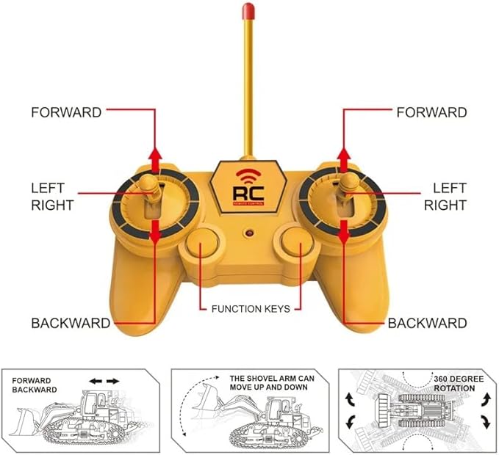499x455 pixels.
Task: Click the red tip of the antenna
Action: (248, 11)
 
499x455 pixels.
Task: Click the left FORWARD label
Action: (66, 112)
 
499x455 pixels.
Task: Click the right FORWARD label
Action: (431, 112)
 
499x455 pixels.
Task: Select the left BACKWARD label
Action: (71, 323)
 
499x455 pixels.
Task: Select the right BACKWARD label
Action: (427, 323)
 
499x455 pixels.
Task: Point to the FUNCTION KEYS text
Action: (251, 309)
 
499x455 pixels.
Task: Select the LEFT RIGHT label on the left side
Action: (51, 197)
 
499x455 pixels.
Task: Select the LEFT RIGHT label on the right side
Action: (445, 197)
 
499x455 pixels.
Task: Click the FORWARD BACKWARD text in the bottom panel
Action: (34, 385)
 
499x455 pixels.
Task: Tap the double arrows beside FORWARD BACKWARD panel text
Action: (104, 381)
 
